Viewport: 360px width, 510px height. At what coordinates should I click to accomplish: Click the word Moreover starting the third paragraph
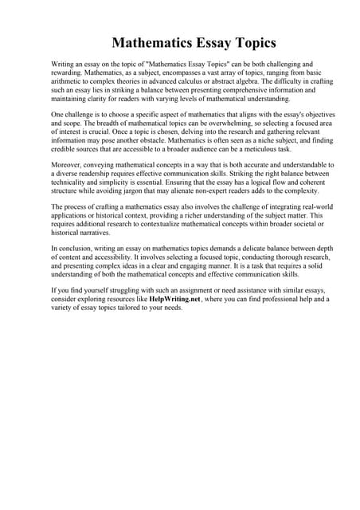point(69,164)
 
